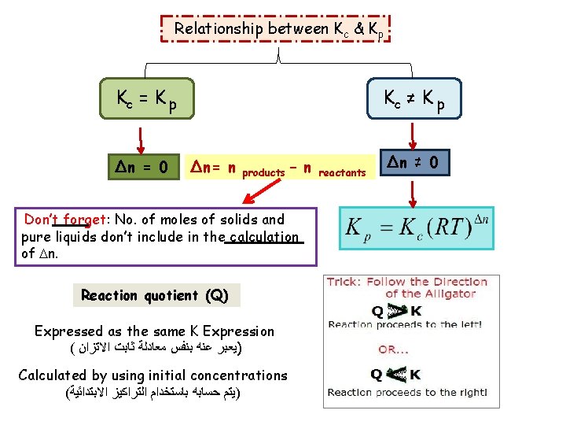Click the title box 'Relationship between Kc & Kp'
(x=278, y=29)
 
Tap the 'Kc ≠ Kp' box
(x=413, y=100)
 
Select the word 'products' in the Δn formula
(x=263, y=172)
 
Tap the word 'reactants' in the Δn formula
(x=344, y=172)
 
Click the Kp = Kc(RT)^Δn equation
(x=416, y=229)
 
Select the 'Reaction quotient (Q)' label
(x=155, y=296)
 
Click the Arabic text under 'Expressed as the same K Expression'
(x=156, y=348)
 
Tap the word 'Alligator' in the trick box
(x=451, y=294)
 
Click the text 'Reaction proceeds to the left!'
(x=405, y=324)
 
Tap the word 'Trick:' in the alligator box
(x=344, y=282)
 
